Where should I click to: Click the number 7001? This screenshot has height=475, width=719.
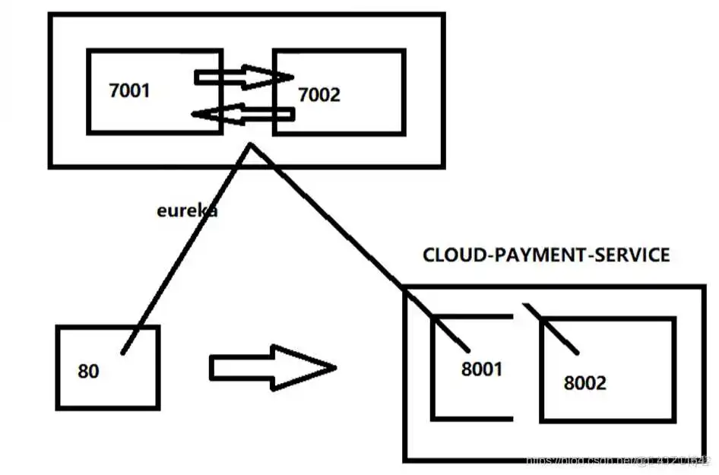point(130,91)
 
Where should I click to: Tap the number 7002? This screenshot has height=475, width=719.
point(319,95)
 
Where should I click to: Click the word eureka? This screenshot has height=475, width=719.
point(187,211)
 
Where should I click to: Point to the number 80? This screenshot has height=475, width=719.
point(88,372)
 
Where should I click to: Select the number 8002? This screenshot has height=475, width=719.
point(585,382)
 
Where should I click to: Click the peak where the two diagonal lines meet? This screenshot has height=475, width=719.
point(249,144)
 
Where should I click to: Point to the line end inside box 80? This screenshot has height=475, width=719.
point(122,352)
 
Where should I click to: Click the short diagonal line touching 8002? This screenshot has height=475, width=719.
point(558,331)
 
